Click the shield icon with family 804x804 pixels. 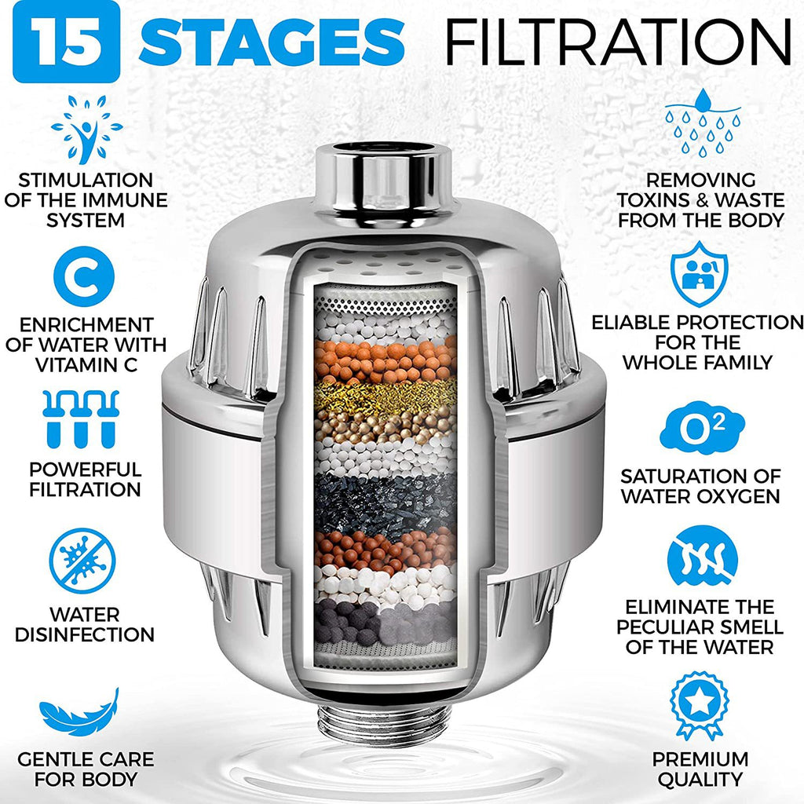[699, 275]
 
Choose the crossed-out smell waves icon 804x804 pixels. [702, 561]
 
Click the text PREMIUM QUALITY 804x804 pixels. [700, 769]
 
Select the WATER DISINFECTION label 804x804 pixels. [85, 623]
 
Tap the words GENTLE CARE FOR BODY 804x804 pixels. [86, 769]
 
